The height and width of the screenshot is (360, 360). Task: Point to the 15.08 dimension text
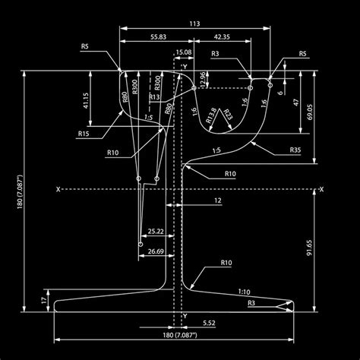(183, 52)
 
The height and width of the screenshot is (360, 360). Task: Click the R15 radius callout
(84, 134)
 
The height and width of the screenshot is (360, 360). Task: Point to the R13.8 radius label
(210, 112)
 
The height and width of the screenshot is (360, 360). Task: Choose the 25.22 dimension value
(156, 230)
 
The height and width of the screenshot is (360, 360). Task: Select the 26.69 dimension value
(156, 251)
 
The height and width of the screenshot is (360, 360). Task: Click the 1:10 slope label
(243, 291)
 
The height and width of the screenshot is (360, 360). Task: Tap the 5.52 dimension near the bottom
(209, 324)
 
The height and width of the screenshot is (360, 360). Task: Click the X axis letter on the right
(321, 189)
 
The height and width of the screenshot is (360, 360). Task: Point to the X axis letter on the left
(58, 189)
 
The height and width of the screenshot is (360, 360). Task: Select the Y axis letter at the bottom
(185, 315)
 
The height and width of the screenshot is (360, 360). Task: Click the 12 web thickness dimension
(218, 201)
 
